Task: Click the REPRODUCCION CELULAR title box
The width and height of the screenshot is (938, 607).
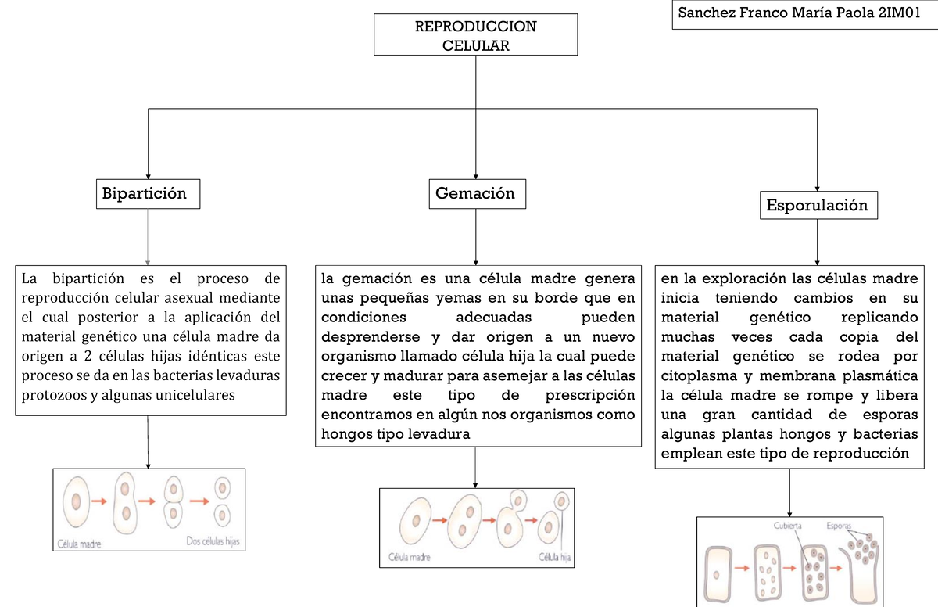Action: (x=476, y=34)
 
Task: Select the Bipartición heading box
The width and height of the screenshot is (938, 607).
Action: (x=149, y=194)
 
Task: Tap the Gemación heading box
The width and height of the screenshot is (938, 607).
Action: (x=478, y=194)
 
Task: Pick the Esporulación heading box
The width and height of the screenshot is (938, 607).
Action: (x=818, y=205)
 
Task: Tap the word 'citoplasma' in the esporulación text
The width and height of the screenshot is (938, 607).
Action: (x=699, y=375)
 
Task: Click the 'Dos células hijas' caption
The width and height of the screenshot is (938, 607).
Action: (x=213, y=541)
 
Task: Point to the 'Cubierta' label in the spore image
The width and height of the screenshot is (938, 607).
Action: (x=787, y=526)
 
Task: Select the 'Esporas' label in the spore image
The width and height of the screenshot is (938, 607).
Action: (x=839, y=526)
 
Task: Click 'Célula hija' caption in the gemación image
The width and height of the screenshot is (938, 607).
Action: (x=554, y=557)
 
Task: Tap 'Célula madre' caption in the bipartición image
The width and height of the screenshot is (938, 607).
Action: (x=79, y=544)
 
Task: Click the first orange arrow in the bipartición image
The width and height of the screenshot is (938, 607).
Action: (x=99, y=501)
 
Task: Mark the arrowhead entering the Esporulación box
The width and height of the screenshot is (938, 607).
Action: (x=817, y=189)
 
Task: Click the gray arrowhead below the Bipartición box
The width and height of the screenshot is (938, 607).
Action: (x=148, y=263)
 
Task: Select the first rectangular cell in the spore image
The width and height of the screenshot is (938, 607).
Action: (x=718, y=574)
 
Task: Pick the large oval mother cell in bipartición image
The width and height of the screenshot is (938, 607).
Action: (x=77, y=501)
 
